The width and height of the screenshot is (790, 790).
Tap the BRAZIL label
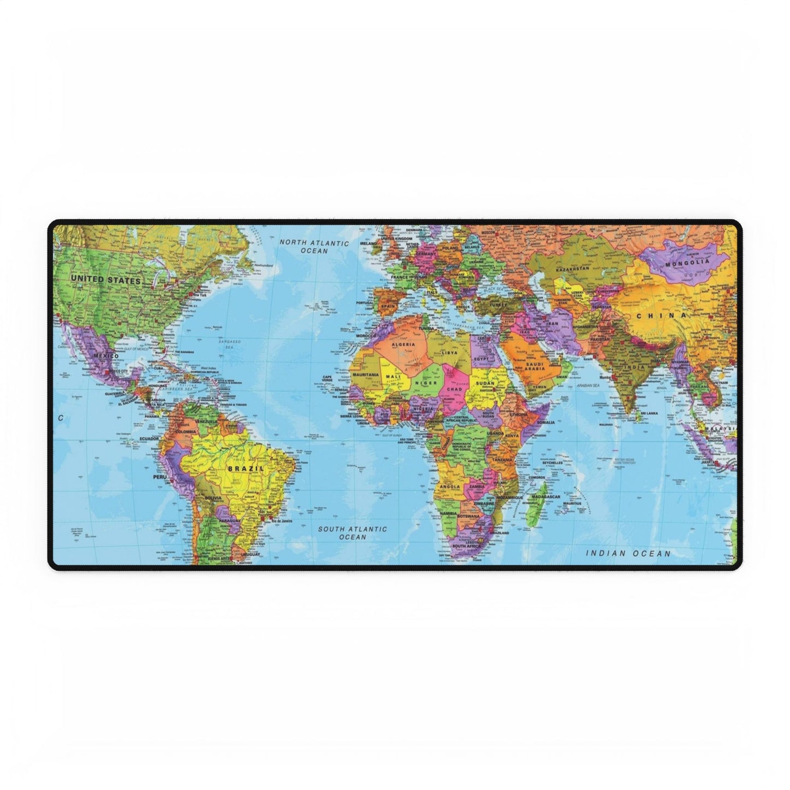pyautogui.click(x=245, y=469)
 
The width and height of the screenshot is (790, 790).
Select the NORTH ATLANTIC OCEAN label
pyautogui.click(x=314, y=247)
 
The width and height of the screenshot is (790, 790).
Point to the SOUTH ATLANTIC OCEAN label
pyautogui.click(x=353, y=533)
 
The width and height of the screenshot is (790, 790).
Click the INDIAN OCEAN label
pyautogui.click(x=628, y=553)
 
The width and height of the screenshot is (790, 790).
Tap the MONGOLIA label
pyautogui.click(x=687, y=263)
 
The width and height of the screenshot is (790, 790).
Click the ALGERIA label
pyautogui.click(x=403, y=345)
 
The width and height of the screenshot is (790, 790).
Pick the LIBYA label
pyautogui.click(x=449, y=353)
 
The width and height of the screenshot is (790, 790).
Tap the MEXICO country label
pyautogui.click(x=106, y=356)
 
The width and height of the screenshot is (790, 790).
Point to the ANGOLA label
pyautogui.click(x=449, y=485)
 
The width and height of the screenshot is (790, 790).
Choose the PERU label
pyautogui.click(x=160, y=477)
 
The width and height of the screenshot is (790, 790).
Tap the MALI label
pyautogui.click(x=393, y=377)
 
